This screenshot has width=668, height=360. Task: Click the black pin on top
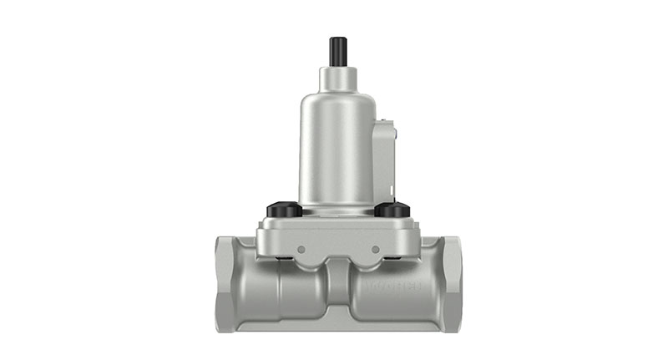point(337,51)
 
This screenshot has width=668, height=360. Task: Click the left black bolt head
point(282,210)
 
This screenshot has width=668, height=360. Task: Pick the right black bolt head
point(391,210)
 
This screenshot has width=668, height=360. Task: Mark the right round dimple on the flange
point(376,249)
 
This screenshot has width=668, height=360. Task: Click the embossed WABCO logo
point(393,287)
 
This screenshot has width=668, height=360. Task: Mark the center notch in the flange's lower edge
point(336,260)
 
